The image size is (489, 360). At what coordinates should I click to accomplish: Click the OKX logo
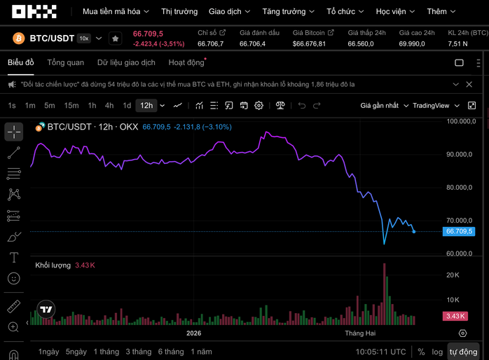click(x=29, y=11)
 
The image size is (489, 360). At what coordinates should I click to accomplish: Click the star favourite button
click(x=116, y=39)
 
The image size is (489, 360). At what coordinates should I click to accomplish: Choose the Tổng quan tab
click(x=65, y=62)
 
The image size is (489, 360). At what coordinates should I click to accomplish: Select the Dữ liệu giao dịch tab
click(x=126, y=62)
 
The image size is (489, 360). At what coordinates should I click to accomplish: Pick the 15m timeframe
click(x=71, y=106)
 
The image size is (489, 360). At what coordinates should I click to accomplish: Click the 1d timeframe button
click(x=127, y=106)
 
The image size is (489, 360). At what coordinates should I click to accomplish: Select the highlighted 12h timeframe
click(x=146, y=106)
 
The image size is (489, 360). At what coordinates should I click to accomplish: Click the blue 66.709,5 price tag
click(x=460, y=231)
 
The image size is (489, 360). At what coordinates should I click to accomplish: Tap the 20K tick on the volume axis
click(x=453, y=275)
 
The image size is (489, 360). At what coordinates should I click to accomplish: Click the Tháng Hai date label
click(x=361, y=334)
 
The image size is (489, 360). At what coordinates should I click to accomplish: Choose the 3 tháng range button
click(x=139, y=352)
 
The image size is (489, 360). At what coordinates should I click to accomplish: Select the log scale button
click(x=437, y=352)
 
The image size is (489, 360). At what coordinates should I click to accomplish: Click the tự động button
click(x=464, y=352)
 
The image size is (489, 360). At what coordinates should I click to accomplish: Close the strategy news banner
click(x=469, y=84)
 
